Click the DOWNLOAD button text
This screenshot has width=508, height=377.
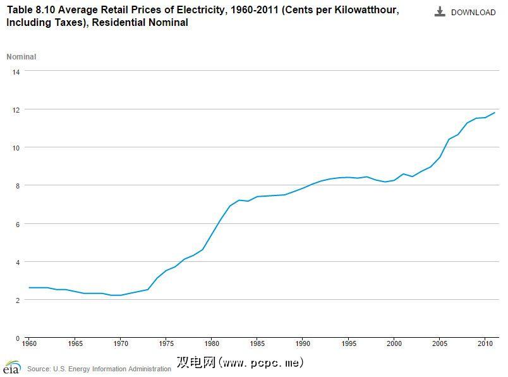(x=473, y=13)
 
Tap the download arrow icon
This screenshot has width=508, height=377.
(x=440, y=12)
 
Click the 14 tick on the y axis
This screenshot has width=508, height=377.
(x=16, y=72)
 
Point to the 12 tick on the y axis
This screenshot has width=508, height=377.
(x=16, y=110)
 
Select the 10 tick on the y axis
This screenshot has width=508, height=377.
(x=16, y=148)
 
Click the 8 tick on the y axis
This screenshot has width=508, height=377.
(x=18, y=186)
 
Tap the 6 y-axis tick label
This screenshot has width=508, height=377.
(x=18, y=224)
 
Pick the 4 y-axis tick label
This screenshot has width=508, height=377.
(x=18, y=262)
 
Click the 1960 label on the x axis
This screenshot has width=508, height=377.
(x=29, y=344)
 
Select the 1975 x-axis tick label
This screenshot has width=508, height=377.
(x=166, y=344)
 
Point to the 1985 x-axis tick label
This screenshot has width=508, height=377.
(x=257, y=344)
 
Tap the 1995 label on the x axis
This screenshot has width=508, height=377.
(x=348, y=344)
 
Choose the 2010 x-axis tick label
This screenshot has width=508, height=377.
(x=485, y=344)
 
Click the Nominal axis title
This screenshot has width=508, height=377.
(x=21, y=57)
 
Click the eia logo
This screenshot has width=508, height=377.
(x=11, y=367)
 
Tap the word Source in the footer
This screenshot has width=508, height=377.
(x=39, y=369)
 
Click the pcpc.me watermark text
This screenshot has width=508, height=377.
(x=240, y=363)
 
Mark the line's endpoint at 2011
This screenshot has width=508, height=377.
(x=495, y=113)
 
